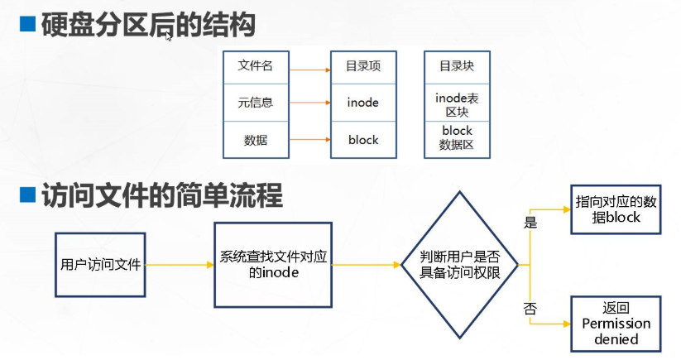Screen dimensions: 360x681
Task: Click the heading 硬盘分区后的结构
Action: (x=148, y=26)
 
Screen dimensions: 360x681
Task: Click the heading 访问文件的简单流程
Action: (x=162, y=196)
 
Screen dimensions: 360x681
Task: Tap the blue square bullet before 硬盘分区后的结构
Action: (x=27, y=26)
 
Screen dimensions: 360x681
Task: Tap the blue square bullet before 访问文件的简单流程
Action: (x=27, y=196)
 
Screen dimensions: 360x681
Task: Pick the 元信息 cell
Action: (x=255, y=103)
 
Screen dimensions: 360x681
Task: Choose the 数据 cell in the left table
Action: (x=255, y=140)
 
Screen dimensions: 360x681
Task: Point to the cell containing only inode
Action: (x=363, y=103)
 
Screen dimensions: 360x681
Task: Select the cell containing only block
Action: (x=363, y=140)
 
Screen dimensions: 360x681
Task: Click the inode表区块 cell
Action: (x=456, y=103)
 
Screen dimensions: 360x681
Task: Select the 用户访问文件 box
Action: (x=100, y=265)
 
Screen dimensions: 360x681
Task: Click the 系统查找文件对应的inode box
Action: (x=273, y=264)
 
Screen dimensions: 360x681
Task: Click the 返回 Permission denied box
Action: (x=616, y=323)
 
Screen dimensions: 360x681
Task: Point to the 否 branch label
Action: (x=530, y=309)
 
